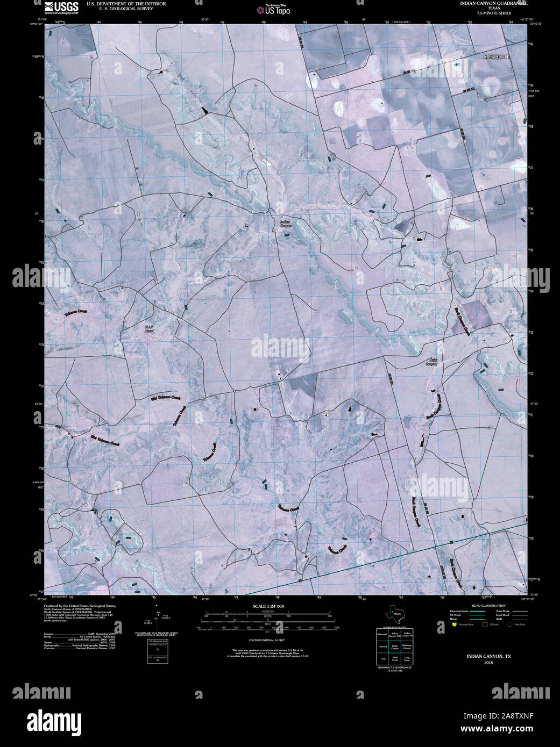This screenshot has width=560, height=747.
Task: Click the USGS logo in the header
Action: (x=61, y=6)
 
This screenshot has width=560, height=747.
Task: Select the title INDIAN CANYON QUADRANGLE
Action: (x=493, y=3)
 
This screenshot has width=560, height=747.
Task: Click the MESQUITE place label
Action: (x=496, y=56)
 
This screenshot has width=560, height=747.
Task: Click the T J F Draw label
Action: (x=149, y=329)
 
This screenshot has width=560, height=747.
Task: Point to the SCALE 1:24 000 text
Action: (x=268, y=606)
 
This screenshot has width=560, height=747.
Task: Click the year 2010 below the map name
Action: (x=488, y=663)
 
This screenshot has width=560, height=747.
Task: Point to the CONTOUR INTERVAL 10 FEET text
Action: (x=268, y=641)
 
